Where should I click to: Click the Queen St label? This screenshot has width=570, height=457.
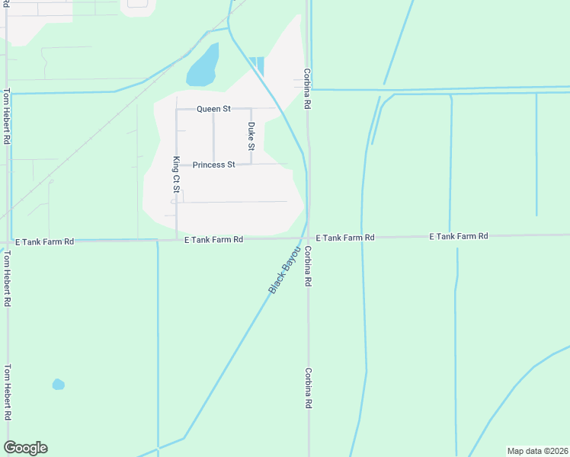coord(213,109)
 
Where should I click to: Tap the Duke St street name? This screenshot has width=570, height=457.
coord(251,136)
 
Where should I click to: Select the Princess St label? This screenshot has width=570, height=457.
coord(213,165)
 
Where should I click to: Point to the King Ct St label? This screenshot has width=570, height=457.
coord(176,174)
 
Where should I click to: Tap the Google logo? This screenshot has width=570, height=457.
coord(25,448)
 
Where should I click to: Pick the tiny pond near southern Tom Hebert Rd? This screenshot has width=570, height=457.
coord(58,385)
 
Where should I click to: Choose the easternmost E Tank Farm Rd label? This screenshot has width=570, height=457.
coord(458,237)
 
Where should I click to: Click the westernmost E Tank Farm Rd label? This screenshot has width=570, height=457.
coord(45,241)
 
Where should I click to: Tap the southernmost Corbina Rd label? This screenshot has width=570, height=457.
coord(309,388)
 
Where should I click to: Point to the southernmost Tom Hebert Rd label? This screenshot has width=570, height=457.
coord(7,392)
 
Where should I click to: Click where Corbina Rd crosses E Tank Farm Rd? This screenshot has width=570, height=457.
coord(308,238)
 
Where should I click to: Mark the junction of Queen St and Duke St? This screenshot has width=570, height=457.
coord(251,109)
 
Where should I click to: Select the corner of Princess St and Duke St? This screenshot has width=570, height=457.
coord(251,164)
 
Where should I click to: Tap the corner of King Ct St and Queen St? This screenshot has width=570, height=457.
coord(177,109)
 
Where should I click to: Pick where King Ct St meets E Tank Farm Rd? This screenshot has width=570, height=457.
coord(177,239)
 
